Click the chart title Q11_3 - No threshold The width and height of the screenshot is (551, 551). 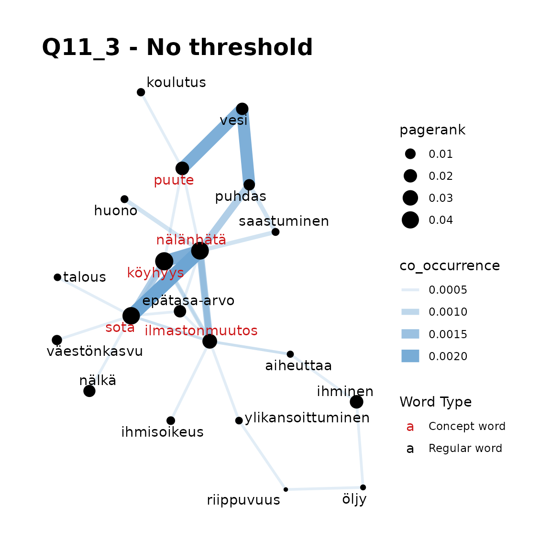tap(177, 47)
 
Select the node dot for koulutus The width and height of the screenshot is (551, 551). tap(141, 92)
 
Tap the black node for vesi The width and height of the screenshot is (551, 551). tap(242, 109)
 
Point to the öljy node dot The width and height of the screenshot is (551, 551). tap(363, 487)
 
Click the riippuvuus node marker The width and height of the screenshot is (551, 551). tap(286, 489)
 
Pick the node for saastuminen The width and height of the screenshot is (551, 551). tap(275, 232)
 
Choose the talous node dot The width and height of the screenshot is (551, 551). tap(57, 277)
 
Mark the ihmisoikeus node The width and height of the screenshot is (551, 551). tap(171, 420)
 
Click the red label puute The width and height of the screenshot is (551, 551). tap(174, 180)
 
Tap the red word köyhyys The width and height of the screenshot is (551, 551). tap(155, 273)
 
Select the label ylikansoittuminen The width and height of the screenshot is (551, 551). tap(307, 418)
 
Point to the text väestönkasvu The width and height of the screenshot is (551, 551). tap(95, 351)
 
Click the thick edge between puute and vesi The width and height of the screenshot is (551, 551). tap(212, 139)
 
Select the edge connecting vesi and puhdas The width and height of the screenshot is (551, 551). tap(246, 147)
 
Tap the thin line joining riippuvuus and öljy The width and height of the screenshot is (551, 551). tap(324, 488)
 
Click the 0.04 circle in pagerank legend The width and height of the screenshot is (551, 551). tap(410, 220)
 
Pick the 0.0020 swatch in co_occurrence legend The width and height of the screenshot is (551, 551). tap(410, 356)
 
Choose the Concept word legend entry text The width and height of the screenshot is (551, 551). tap(467, 426)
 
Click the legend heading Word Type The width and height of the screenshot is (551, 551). tap(436, 402)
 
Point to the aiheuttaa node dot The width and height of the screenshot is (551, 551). tap(290, 354)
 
